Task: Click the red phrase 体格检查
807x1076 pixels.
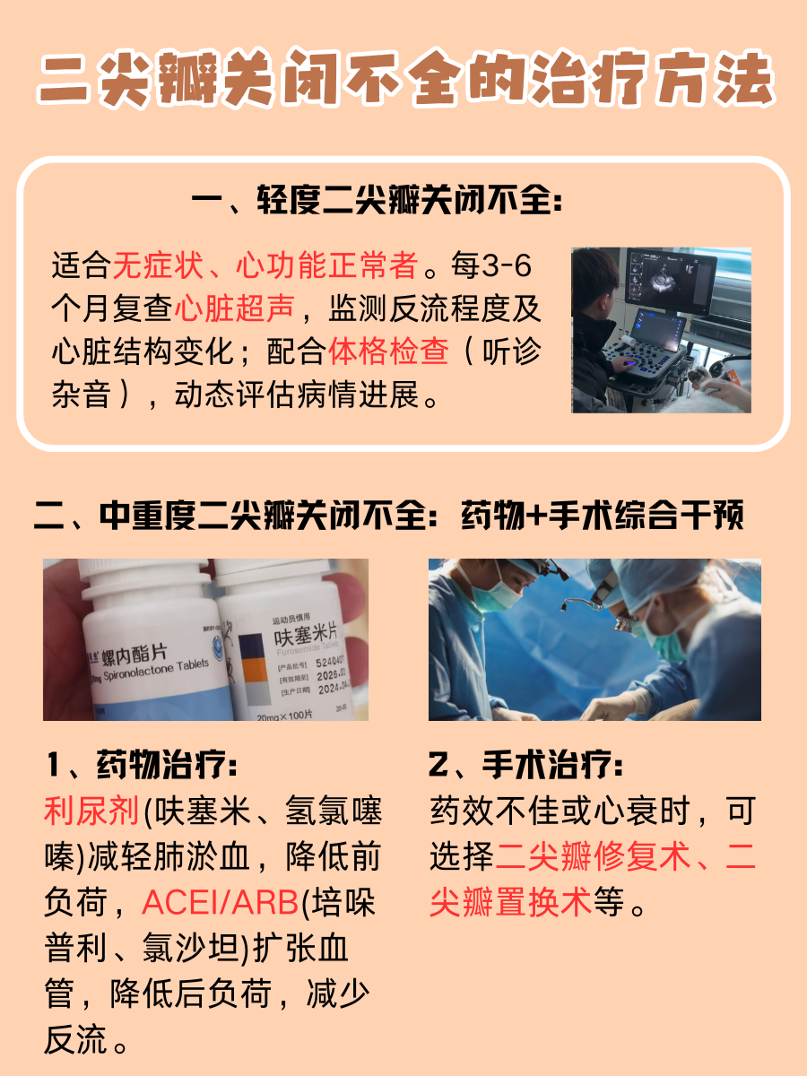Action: [x=389, y=351]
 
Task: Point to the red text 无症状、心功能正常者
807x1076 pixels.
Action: [x=265, y=265]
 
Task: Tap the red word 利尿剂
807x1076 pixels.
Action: [x=92, y=811]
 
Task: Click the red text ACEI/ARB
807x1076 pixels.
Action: [x=220, y=903]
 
